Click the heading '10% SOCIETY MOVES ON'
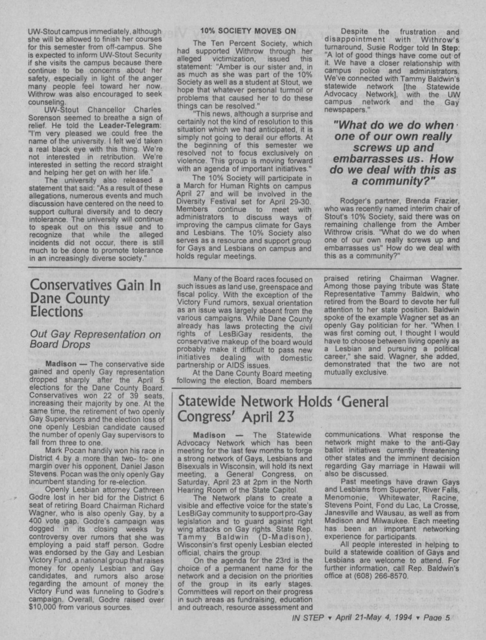coord(248,31)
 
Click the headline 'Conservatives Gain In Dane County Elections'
coord(95,298)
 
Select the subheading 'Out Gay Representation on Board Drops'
coord(95,339)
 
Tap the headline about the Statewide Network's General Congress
coord(283,409)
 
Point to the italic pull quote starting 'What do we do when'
coord(394,153)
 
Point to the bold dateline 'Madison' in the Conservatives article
coord(61,364)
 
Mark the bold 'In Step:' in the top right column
coord(446,48)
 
